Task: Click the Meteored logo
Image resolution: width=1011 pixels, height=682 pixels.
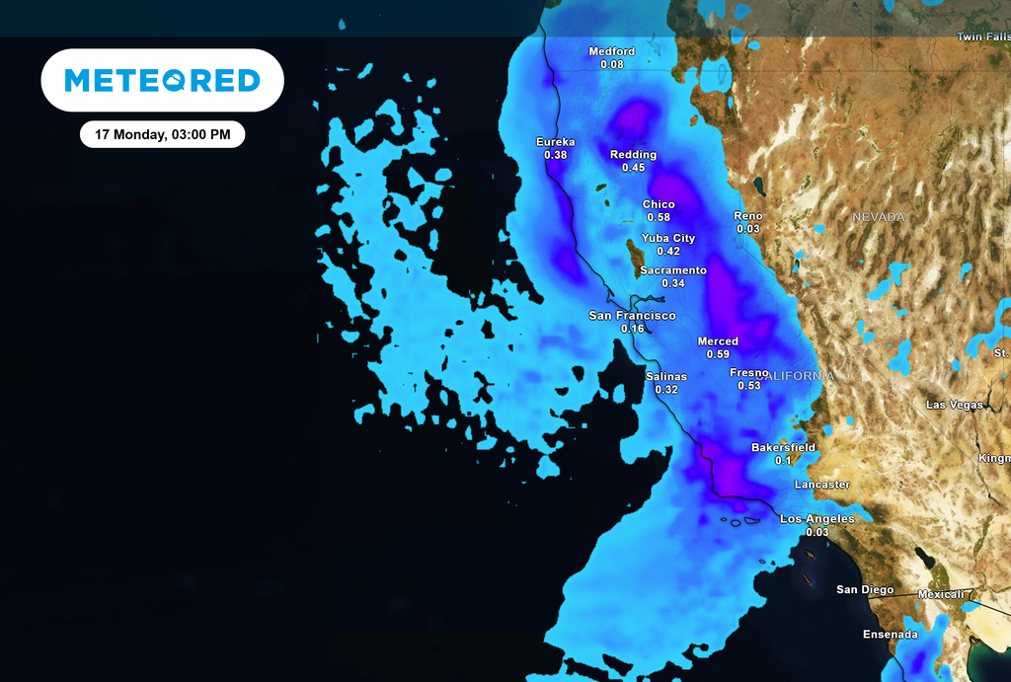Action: pyautogui.click(x=162, y=80)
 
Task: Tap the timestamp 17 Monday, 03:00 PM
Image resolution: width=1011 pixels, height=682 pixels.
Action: pyautogui.click(x=162, y=134)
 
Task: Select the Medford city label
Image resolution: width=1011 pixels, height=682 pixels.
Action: pyautogui.click(x=612, y=51)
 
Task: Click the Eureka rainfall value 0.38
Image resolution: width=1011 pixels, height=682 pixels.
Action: pyautogui.click(x=556, y=155)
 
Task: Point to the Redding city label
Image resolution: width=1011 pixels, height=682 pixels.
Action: pyautogui.click(x=633, y=155)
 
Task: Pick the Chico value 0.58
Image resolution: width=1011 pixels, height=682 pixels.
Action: pyautogui.click(x=659, y=217)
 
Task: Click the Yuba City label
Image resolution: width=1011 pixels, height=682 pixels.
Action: pyautogui.click(x=668, y=238)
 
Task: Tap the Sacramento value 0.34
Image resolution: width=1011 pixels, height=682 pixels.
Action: pyautogui.click(x=673, y=283)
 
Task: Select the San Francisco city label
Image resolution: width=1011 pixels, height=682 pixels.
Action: pyautogui.click(x=632, y=316)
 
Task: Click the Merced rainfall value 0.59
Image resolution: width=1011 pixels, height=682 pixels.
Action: pyautogui.click(x=718, y=354)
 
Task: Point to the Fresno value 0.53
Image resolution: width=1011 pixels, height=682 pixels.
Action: pyautogui.click(x=749, y=385)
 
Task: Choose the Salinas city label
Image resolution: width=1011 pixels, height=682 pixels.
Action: pyautogui.click(x=666, y=376)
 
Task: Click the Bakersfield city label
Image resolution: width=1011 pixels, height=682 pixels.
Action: pyautogui.click(x=784, y=447)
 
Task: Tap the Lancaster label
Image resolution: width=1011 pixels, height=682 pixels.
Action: pyautogui.click(x=822, y=485)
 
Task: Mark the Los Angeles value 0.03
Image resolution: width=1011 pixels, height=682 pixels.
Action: pyautogui.click(x=817, y=532)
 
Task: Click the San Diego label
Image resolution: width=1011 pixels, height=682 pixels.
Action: pyautogui.click(x=865, y=589)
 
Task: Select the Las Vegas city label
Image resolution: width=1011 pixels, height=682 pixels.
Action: pyautogui.click(x=954, y=405)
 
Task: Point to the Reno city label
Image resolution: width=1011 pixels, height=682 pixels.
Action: pyautogui.click(x=748, y=215)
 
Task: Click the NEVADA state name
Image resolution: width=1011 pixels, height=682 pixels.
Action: pyautogui.click(x=879, y=216)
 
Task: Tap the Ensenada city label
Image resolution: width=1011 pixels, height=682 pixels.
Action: pyautogui.click(x=890, y=634)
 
